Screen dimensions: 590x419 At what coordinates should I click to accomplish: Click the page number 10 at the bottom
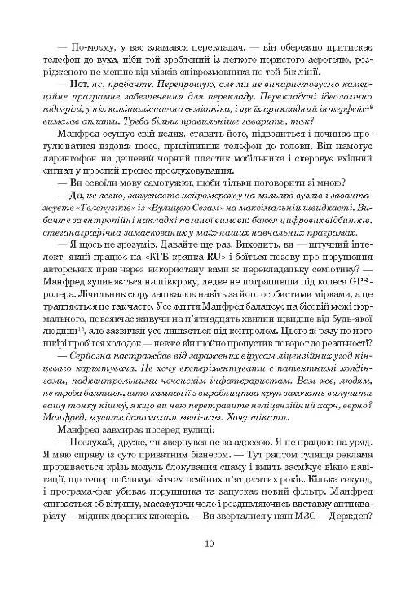[209, 545]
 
